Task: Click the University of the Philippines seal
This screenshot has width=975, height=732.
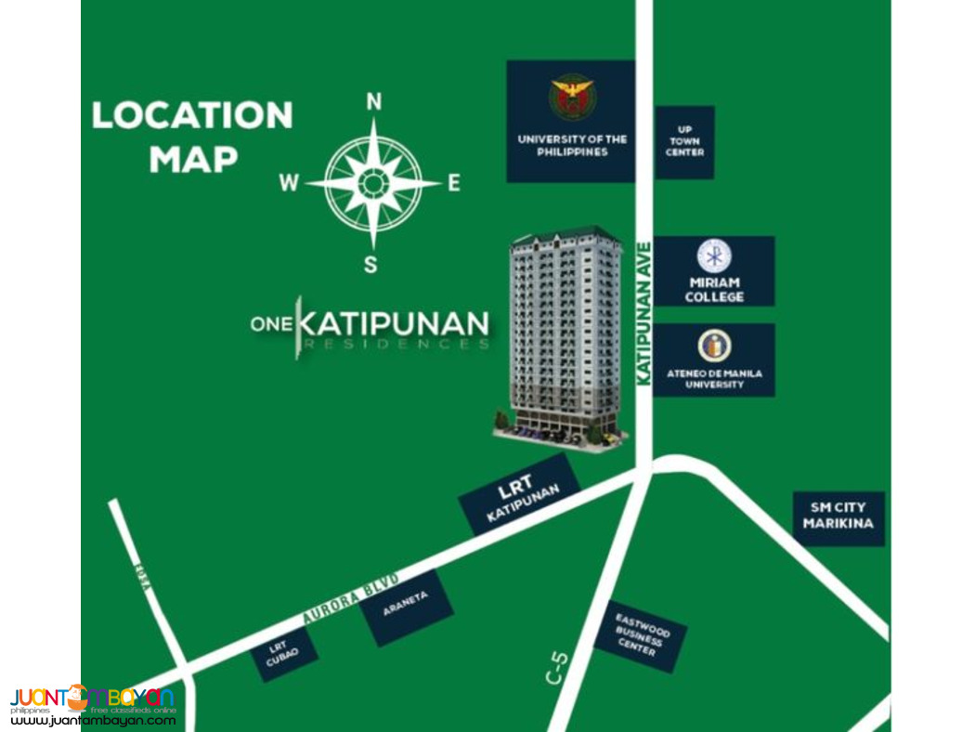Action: point(572,99)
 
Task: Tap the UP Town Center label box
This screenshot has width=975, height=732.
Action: point(684,142)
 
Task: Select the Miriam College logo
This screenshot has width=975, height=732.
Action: point(714,255)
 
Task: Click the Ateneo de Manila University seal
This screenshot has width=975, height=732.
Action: point(714,346)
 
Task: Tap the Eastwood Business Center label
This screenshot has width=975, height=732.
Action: point(639,635)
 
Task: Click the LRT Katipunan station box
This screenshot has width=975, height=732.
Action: point(519,494)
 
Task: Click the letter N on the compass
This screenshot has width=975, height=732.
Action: point(374,102)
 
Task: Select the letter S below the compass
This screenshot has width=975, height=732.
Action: point(370,266)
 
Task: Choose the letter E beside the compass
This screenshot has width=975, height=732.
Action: point(454,183)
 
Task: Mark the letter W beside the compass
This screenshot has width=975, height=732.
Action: point(290,184)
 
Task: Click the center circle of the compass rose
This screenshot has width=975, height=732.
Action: point(373,183)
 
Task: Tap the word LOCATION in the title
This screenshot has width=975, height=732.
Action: point(192,115)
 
